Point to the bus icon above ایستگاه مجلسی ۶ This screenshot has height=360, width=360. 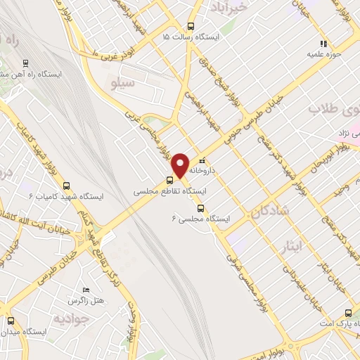point(201,208)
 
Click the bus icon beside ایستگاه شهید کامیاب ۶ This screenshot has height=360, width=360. point(66,186)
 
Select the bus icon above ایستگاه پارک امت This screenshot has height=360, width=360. point(348,313)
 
